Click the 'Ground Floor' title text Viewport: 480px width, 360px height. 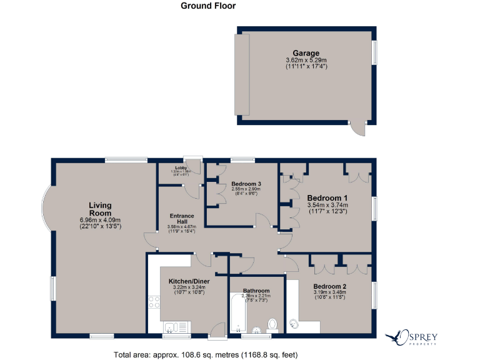coord(208,6)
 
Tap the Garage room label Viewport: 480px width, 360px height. coord(306,53)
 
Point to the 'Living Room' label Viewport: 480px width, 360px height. coord(100,209)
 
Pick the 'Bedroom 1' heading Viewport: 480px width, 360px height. coord(327,197)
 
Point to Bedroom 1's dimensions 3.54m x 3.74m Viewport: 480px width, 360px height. coord(327,205)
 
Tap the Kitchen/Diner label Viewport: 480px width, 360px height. coord(189,282)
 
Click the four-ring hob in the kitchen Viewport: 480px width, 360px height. coord(154,304)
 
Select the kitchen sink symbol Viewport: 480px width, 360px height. coord(169,327)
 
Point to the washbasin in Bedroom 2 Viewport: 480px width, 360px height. coord(294,324)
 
